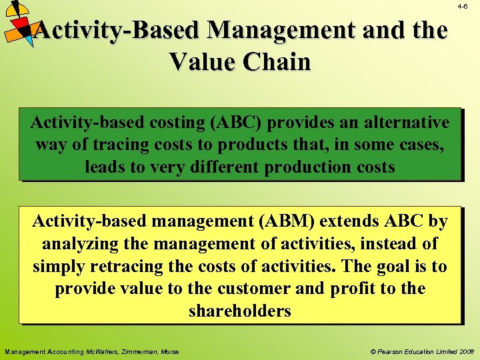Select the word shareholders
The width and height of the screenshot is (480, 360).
tap(240, 311)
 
